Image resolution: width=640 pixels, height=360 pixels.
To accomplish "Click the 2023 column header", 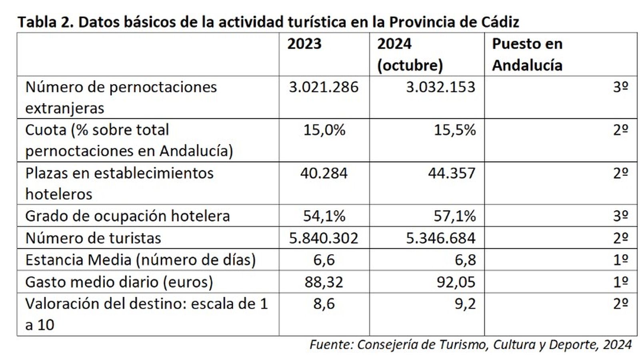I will pyautogui.click(x=304, y=44).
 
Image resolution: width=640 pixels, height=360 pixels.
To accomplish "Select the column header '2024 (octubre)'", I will pyautogui.click(x=410, y=55).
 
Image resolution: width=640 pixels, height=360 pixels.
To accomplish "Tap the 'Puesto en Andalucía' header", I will pyautogui.click(x=527, y=55).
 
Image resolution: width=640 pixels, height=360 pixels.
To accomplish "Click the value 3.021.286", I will pyautogui.click(x=324, y=87).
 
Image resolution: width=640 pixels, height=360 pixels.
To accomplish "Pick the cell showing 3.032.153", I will pyautogui.click(x=440, y=87).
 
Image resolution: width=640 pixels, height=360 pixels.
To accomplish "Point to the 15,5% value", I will pyautogui.click(x=455, y=130).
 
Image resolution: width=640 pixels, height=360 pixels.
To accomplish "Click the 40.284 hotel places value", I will pyautogui.click(x=324, y=173).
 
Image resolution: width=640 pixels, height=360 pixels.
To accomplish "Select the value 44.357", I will pyautogui.click(x=452, y=173).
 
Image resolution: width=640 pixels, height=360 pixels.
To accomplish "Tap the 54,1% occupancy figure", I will pyautogui.click(x=324, y=216).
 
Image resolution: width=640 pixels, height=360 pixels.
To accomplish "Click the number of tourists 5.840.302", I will pyautogui.click(x=324, y=238).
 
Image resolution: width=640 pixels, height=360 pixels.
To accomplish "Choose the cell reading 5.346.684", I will pyautogui.click(x=440, y=238).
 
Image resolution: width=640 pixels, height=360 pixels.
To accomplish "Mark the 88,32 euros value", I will pyautogui.click(x=324, y=282).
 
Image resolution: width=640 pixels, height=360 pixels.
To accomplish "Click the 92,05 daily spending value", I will pyautogui.click(x=456, y=282).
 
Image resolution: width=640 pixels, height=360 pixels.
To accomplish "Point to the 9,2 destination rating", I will pyautogui.click(x=465, y=304).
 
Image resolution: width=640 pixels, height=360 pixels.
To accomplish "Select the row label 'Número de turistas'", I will pyautogui.click(x=93, y=238).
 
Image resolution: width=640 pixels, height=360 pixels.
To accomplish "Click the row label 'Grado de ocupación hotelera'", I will pyautogui.click(x=127, y=216).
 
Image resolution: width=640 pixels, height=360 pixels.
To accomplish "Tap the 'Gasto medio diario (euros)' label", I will pyautogui.click(x=119, y=282).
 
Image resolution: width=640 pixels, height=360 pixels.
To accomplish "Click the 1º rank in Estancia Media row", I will pyautogui.click(x=620, y=260).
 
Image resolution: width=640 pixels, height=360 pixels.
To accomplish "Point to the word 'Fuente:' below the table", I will pyautogui.click(x=331, y=344).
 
